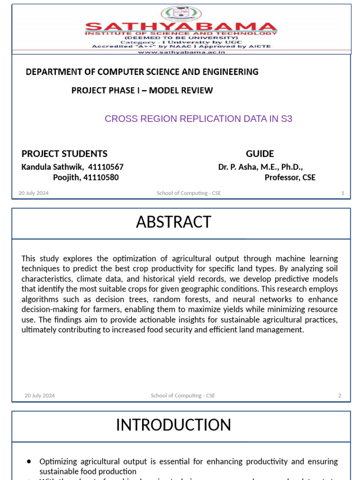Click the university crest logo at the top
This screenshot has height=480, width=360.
[180, 14]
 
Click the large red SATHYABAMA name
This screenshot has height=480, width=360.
[180, 27]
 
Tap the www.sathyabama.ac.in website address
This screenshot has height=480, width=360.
[181, 52]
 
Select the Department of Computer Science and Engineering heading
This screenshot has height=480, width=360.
[142, 72]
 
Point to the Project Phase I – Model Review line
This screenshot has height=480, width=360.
[142, 90]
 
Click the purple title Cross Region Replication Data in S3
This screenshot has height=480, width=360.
[198, 119]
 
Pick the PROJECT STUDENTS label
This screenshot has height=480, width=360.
[64, 154]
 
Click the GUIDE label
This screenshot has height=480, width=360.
[260, 154]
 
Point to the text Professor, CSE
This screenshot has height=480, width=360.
[290, 177]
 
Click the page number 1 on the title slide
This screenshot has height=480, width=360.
[343, 193]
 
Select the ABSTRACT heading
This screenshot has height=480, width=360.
[173, 222]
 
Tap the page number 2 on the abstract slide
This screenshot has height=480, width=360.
[340, 396]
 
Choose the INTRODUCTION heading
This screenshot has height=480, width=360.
[173, 425]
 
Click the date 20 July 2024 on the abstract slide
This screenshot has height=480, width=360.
[40, 396]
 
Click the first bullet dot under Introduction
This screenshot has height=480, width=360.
[30, 462]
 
